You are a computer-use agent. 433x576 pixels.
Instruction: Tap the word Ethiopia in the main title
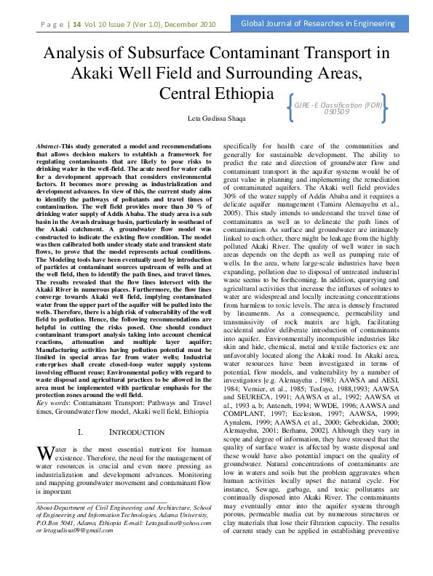239,94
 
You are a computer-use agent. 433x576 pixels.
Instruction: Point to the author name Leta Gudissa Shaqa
216,119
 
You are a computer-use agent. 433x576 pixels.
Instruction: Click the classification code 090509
333,112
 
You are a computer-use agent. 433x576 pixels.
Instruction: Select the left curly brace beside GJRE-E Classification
290,107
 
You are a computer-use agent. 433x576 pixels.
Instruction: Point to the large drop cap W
44,453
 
